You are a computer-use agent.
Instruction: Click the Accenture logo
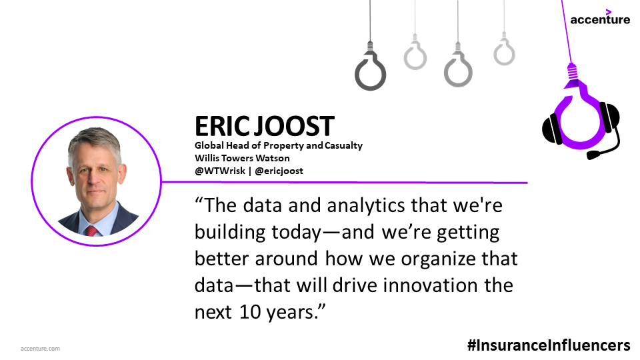(600, 17)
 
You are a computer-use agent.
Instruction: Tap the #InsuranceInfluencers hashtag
(549, 345)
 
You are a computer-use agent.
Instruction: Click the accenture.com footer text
(40, 349)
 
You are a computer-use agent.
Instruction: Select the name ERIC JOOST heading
(265, 126)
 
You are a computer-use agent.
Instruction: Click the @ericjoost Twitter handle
(279, 171)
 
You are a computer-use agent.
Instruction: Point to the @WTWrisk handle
(220, 171)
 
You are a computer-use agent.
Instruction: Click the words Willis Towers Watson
(242, 158)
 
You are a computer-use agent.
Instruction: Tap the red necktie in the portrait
(91, 231)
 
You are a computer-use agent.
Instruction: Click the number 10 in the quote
(250, 312)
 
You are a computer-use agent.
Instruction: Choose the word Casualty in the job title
(343, 146)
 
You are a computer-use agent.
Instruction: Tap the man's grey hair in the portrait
(95, 139)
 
